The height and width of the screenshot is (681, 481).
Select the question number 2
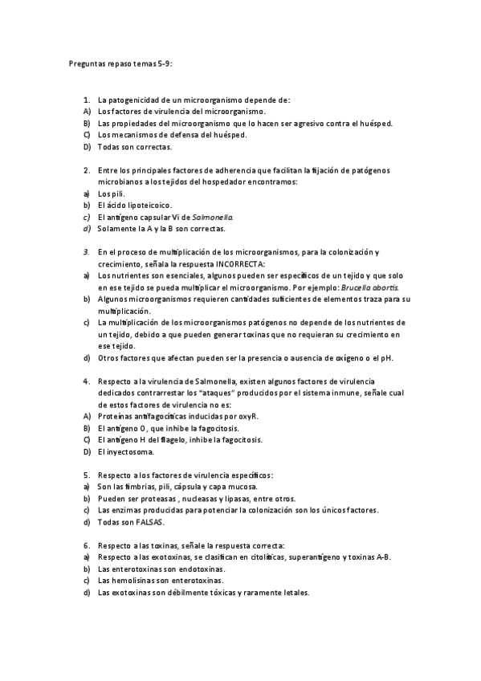pyautogui.click(x=86, y=170)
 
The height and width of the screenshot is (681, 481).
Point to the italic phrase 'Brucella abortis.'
pyautogui.click(x=369, y=287)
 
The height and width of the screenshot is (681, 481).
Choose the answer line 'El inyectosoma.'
pyautogui.click(x=127, y=451)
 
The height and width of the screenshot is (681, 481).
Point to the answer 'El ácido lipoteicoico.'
pyautogui.click(x=135, y=206)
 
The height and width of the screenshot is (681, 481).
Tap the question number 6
pyautogui.click(x=86, y=545)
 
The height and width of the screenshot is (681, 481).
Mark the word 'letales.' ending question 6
pyautogui.click(x=292, y=593)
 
